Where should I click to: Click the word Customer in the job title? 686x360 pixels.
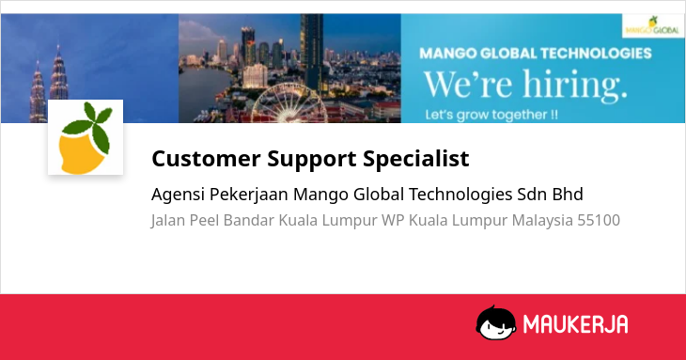[206, 158]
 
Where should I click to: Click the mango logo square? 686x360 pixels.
[86, 137]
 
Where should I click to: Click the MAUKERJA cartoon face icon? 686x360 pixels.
[495, 322]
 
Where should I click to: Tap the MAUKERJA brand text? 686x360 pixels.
[575, 324]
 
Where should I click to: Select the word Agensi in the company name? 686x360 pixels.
[178, 195]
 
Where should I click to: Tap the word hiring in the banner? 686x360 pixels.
[575, 84]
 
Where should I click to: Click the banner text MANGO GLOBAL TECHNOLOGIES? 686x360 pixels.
[536, 54]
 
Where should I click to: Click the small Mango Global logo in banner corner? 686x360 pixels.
[653, 25]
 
